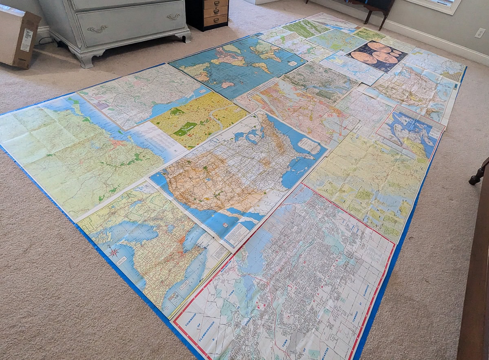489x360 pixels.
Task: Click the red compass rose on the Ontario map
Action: (x=114, y=252)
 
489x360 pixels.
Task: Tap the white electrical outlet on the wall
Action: (x=480, y=33)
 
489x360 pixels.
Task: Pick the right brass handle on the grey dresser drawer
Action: (x=173, y=17)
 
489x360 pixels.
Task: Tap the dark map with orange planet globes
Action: (x=377, y=55)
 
